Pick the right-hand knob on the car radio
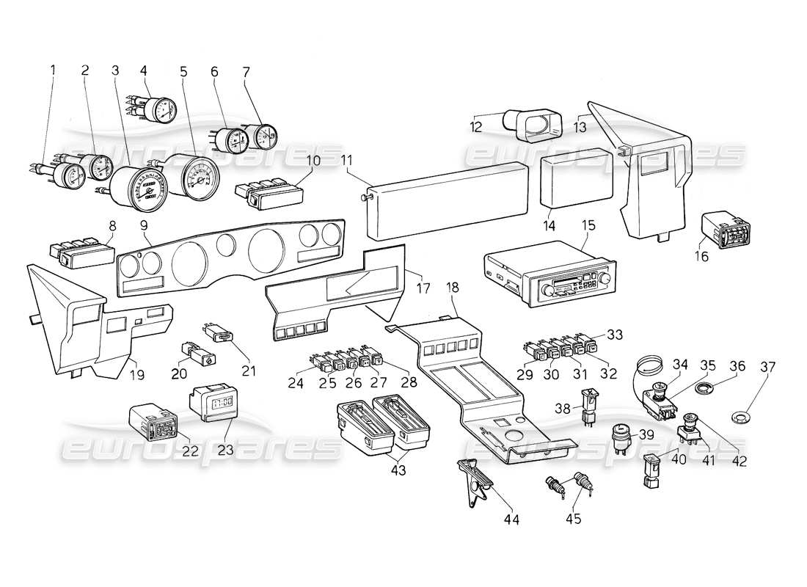(x=606, y=280)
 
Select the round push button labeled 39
(x=621, y=436)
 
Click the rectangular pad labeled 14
(x=575, y=178)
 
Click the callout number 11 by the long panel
(x=346, y=159)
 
